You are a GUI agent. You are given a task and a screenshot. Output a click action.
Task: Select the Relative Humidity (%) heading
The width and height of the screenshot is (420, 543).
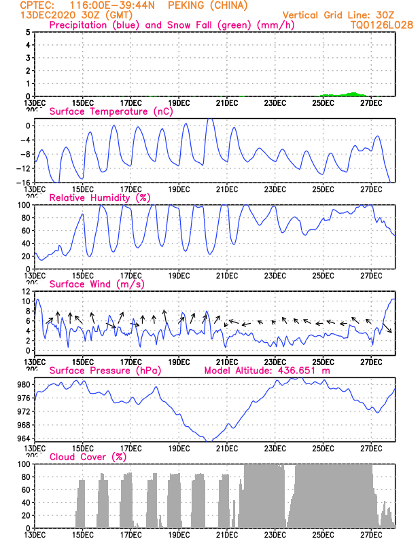(99, 198)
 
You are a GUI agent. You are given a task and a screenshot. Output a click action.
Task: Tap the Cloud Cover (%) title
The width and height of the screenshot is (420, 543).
(88, 457)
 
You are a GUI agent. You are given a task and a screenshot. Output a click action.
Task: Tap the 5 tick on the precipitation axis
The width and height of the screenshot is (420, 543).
(29, 33)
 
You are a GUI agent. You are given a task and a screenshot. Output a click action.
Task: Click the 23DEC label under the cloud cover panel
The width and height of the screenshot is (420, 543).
(275, 535)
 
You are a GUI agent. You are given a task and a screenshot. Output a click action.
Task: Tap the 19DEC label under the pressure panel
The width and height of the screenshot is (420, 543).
(179, 449)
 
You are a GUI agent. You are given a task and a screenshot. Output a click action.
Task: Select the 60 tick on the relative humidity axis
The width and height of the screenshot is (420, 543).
(26, 230)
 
